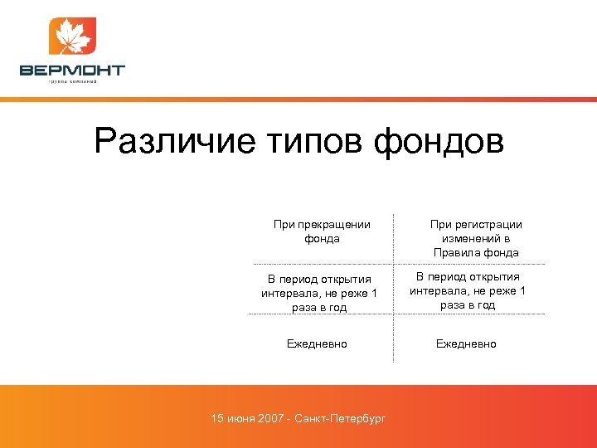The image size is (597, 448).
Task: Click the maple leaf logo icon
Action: (x=72, y=37)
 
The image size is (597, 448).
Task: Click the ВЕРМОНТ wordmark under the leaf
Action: (x=72, y=71)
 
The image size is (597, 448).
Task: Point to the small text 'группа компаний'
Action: (x=72, y=82)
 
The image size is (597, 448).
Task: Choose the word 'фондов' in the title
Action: (x=439, y=140)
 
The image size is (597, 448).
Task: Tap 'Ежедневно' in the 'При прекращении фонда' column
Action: (x=317, y=343)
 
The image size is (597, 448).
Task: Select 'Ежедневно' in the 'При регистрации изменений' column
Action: (x=466, y=343)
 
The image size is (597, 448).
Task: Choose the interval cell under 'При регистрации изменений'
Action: (x=468, y=290)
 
